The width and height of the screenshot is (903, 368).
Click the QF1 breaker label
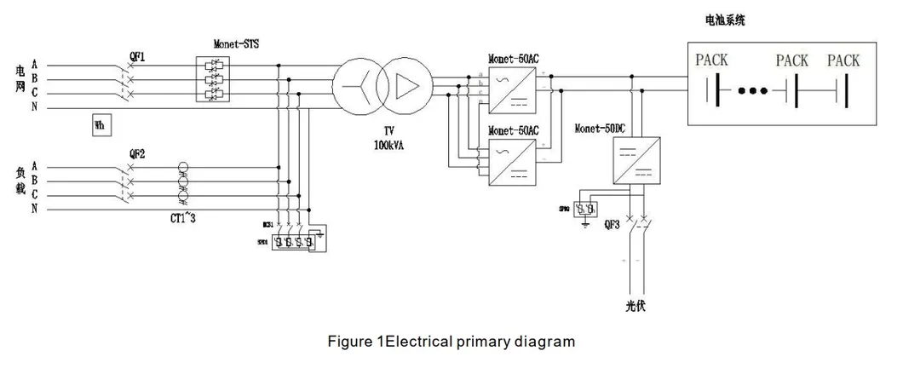click(x=137, y=57)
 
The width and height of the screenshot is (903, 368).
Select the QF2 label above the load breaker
click(x=136, y=154)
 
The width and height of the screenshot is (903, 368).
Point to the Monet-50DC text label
click(x=603, y=125)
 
